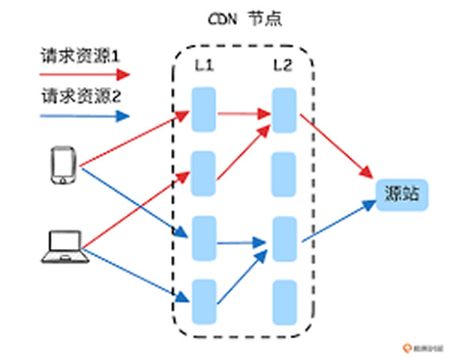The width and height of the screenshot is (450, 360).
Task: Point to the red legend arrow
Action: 84,73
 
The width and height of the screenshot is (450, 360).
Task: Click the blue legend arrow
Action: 84,115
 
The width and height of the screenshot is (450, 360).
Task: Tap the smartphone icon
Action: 63,165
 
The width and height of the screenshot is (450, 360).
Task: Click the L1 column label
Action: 204,67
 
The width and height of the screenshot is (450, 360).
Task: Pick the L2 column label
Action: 283,67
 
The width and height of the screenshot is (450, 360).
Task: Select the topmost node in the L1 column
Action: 204,109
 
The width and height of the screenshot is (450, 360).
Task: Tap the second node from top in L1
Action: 204,173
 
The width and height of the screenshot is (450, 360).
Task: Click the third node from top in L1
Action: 204,238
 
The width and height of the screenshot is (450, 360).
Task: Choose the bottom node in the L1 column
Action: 204,301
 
